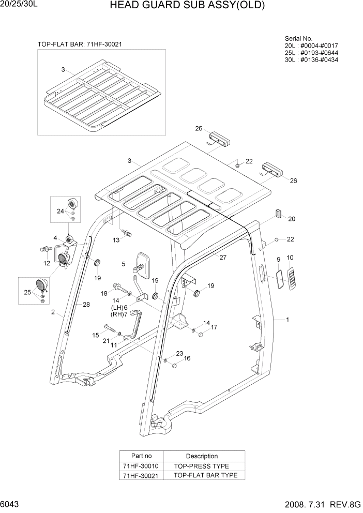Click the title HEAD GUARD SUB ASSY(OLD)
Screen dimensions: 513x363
(x=188, y=6)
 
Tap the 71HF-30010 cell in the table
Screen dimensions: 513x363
(x=141, y=466)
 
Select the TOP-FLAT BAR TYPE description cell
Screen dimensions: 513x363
(x=205, y=475)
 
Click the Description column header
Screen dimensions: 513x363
(x=202, y=456)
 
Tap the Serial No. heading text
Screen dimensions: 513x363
(x=298, y=39)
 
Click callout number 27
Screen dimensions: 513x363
(x=223, y=258)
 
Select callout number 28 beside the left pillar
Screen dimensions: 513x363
(x=86, y=305)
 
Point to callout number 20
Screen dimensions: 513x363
(x=292, y=219)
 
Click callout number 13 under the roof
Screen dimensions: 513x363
(x=116, y=240)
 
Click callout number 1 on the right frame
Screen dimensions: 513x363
(x=288, y=320)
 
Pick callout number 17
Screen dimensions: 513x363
(x=214, y=327)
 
